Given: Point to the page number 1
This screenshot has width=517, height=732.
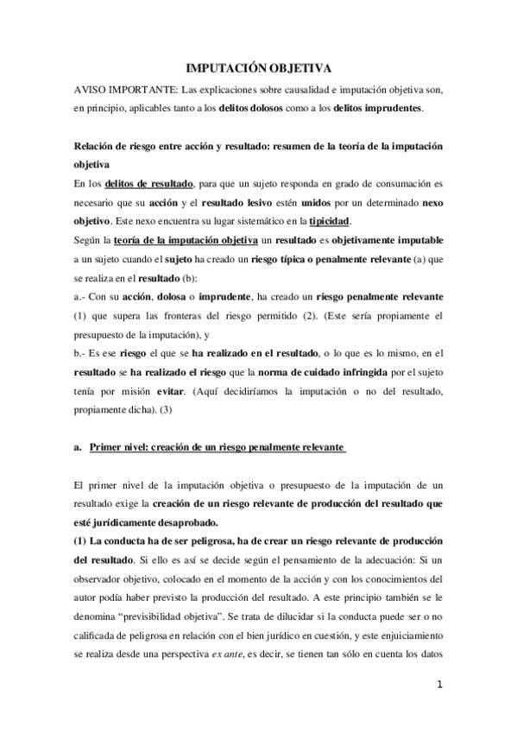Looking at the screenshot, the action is coord(439,685).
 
